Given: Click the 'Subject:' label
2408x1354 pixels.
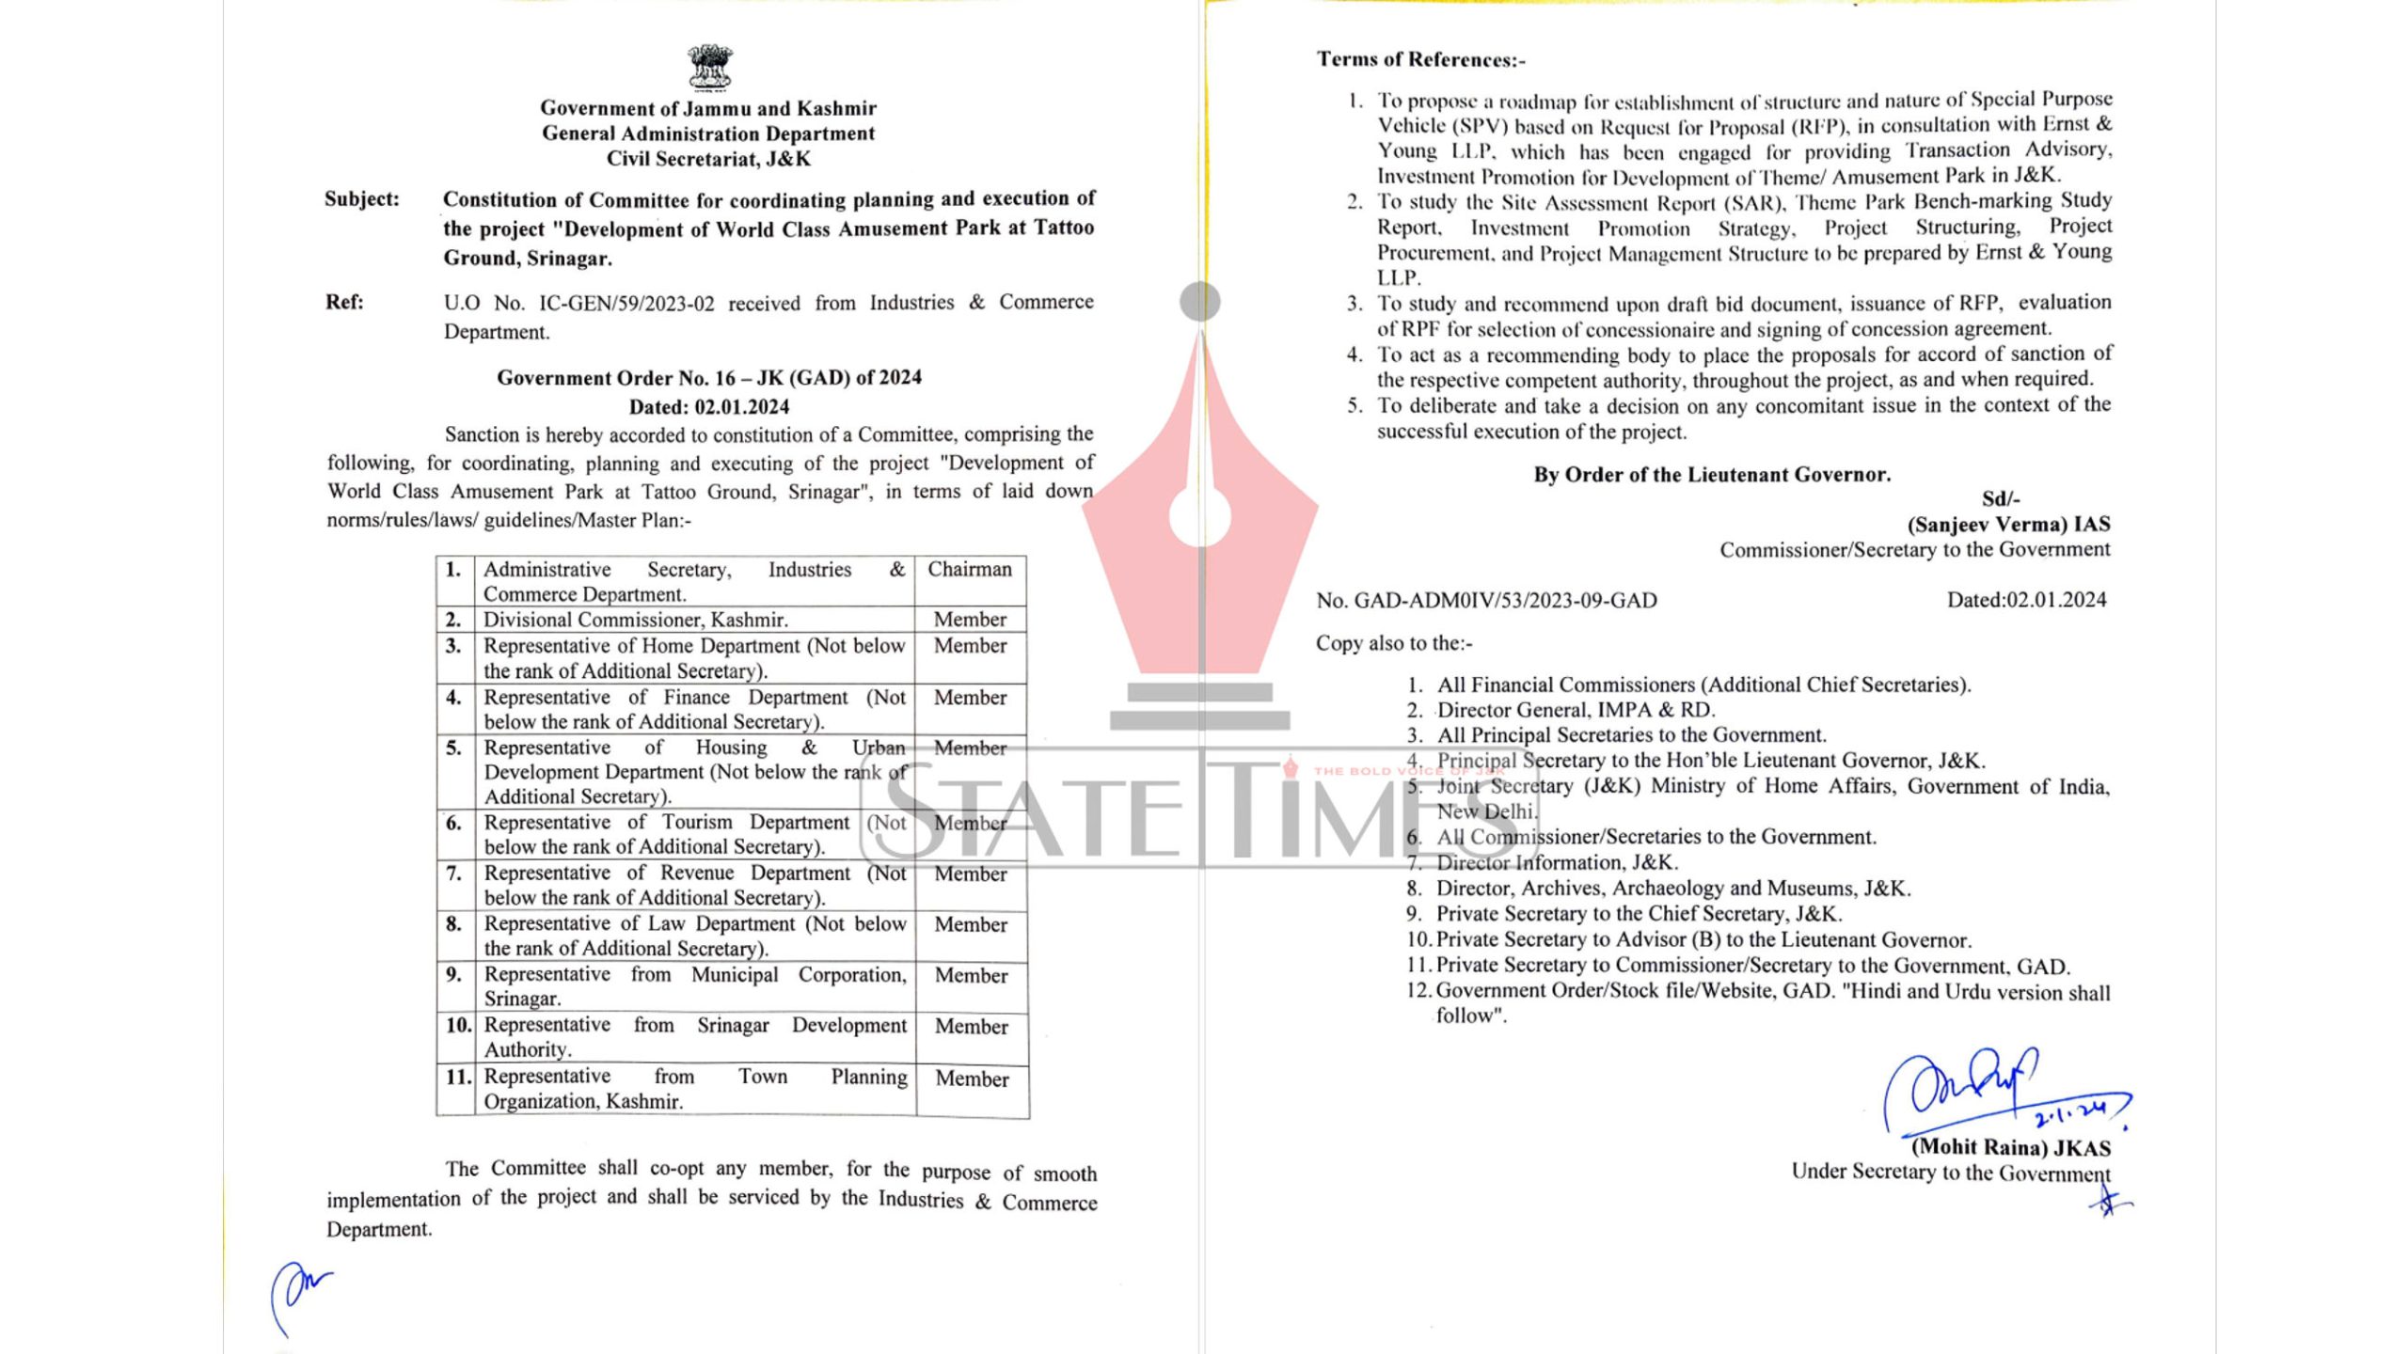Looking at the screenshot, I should pyautogui.click(x=362, y=199).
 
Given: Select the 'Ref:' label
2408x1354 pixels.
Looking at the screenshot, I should pyautogui.click(x=344, y=303).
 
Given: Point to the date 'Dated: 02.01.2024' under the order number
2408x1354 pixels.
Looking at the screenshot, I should pyautogui.click(x=709, y=407).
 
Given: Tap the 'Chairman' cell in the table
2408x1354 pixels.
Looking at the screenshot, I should pyautogui.click(x=970, y=570).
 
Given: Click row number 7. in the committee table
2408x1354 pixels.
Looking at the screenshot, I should pyautogui.click(x=454, y=874).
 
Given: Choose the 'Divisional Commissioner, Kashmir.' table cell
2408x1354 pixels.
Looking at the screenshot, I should pyautogui.click(x=636, y=620).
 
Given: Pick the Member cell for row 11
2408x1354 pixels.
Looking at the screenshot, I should pyautogui.click(x=972, y=1079).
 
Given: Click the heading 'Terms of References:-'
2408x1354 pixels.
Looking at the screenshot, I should pyautogui.click(x=1421, y=60).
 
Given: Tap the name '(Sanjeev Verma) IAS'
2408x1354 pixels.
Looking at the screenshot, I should pyautogui.click(x=2008, y=525).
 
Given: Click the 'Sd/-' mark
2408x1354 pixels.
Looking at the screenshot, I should pyautogui.click(x=2001, y=499).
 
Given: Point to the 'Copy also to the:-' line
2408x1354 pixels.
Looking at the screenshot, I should pyautogui.click(x=1394, y=644).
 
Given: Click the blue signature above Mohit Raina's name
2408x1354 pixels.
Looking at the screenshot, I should pyautogui.click(x=1985, y=1091).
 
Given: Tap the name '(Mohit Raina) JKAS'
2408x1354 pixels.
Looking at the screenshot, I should pyautogui.click(x=2010, y=1148).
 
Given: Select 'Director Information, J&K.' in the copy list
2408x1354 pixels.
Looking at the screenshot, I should pyautogui.click(x=1557, y=862).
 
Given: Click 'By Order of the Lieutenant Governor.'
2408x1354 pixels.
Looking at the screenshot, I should pyautogui.click(x=1712, y=475).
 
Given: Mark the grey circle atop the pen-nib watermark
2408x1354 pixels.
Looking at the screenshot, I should pyautogui.click(x=1200, y=302).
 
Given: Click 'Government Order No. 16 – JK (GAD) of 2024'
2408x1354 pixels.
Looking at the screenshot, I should pyautogui.click(x=709, y=378).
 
